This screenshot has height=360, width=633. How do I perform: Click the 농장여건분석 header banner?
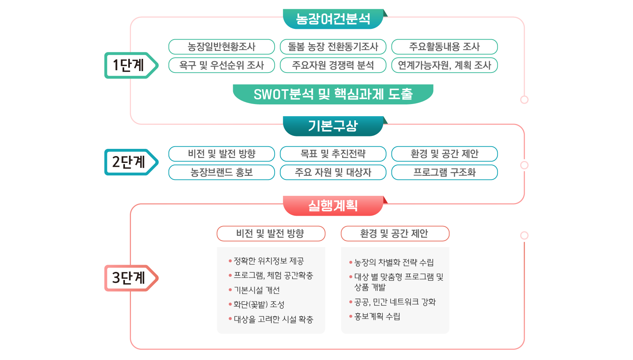point(333,19)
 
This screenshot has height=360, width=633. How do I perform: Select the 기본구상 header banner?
point(333,126)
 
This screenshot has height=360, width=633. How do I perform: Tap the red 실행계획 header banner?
point(333,206)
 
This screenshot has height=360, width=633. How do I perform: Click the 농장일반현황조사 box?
point(222,47)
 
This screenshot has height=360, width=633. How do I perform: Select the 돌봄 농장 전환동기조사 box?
point(333,47)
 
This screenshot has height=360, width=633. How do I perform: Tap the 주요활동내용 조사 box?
point(444,47)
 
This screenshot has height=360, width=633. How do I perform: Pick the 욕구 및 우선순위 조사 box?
point(222,65)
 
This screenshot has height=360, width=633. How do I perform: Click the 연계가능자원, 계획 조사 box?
point(444,65)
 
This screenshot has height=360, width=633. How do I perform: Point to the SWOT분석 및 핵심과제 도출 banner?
point(333,94)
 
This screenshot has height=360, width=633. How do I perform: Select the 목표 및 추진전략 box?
point(333,154)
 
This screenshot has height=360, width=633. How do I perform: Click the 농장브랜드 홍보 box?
point(222,172)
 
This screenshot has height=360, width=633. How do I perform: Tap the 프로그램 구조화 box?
point(444,172)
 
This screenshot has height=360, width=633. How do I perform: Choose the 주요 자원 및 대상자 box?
point(333,172)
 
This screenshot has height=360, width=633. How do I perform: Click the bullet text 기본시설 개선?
point(257,290)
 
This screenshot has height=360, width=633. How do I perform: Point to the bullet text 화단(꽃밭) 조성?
point(259,305)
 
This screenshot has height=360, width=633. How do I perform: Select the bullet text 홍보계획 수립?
point(377,316)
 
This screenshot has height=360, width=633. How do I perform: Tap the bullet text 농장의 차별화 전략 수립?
point(394,262)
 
